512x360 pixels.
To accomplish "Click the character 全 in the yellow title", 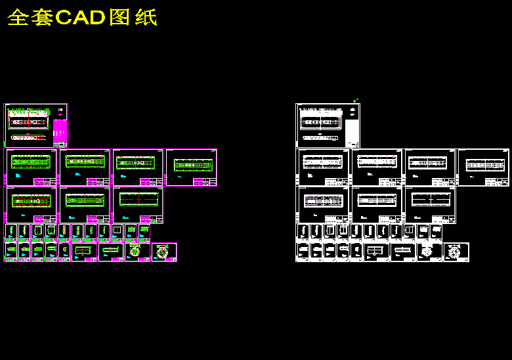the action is [x=18, y=18].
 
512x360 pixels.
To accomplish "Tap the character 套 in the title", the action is [x=42, y=18].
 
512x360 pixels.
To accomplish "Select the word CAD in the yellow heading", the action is [x=81, y=18].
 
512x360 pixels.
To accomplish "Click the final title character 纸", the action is [x=145, y=18].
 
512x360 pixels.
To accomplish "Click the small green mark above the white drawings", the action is [x=355, y=101].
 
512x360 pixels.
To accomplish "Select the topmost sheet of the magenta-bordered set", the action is [x=36, y=125].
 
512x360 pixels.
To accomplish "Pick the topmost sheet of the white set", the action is [x=328, y=125].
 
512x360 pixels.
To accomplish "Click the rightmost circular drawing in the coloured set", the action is [x=163, y=252].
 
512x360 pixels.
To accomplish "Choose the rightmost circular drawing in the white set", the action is [x=455, y=252].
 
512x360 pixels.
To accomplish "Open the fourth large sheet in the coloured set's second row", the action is [x=191, y=167].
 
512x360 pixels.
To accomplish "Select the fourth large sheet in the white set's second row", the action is [x=482, y=167].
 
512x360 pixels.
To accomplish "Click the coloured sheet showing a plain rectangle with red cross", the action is [x=137, y=204].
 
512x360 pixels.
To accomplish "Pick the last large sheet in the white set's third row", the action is [x=429, y=204].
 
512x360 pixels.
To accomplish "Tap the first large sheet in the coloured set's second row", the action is [x=31, y=167].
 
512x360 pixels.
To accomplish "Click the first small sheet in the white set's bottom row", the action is [x=303, y=252].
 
